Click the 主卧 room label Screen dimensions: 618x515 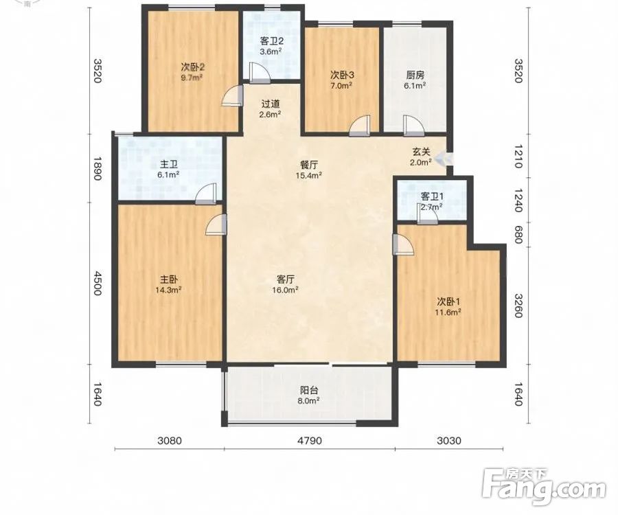click(x=168, y=279)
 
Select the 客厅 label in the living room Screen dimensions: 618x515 click(x=286, y=279)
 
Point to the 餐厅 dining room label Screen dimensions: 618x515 click(x=309, y=165)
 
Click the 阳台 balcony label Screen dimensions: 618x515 click(x=309, y=391)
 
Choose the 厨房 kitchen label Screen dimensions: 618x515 click(x=415, y=75)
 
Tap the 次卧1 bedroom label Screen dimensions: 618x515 click(x=448, y=302)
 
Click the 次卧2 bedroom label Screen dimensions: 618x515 click(x=192, y=66)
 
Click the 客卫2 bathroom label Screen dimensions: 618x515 click(x=271, y=41)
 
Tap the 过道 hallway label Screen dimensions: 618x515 click(x=271, y=104)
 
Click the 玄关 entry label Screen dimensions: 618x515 click(x=421, y=151)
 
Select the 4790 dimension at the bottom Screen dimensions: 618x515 click(x=310, y=440)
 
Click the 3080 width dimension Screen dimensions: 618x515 click(x=170, y=440)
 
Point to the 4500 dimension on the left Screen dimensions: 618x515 click(x=98, y=282)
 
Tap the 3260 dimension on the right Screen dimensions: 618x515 click(x=518, y=306)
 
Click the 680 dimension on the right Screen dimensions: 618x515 click(x=518, y=235)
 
